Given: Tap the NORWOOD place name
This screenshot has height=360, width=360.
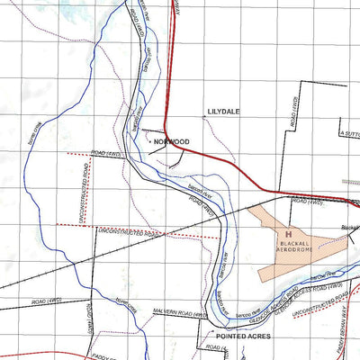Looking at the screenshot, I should click(x=171, y=142).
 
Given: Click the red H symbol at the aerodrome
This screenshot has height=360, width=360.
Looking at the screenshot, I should click(x=288, y=234).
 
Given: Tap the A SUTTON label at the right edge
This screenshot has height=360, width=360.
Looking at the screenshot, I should click(x=347, y=133).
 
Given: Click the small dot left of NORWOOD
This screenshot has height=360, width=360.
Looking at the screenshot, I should click(x=148, y=142).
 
